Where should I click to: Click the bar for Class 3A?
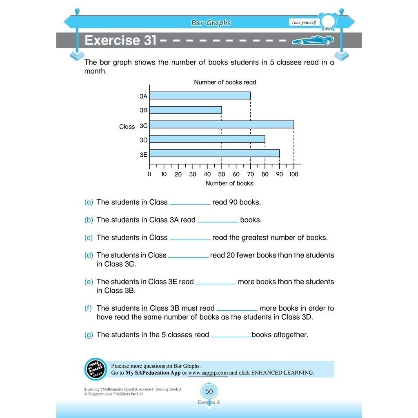pyautogui.click(x=200, y=96)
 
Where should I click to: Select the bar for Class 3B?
pyautogui.click(x=186, y=110)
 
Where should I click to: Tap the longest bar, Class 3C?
pyautogui.click(x=222, y=125)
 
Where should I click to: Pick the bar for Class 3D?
pyautogui.click(x=207, y=139)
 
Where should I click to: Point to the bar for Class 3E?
pyautogui.click(x=214, y=154)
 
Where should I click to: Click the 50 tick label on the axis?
pyautogui.click(x=222, y=174)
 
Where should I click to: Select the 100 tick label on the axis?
pyautogui.click(x=293, y=174)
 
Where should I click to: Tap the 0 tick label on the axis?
pyautogui.click(x=149, y=174)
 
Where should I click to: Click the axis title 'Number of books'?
pyautogui.click(x=229, y=183)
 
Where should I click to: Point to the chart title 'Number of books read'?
pyautogui.click(x=225, y=82)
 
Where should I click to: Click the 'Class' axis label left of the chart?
pyautogui.click(x=127, y=127)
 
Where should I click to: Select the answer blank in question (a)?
pyautogui.click(x=190, y=203)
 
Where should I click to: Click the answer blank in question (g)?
pyautogui.click(x=231, y=336)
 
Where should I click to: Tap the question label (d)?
pyautogui.click(x=89, y=256)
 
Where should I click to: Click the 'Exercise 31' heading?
pyautogui.click(x=120, y=40)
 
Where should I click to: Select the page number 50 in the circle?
pyautogui.click(x=209, y=391)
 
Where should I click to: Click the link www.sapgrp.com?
pyautogui.click(x=208, y=373)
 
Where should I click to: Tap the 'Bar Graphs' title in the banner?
pyautogui.click(x=211, y=23)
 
